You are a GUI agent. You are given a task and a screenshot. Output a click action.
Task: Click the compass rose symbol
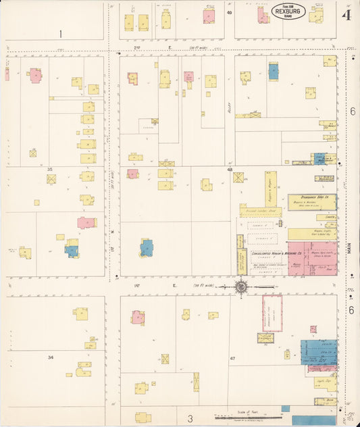[x=241, y=286]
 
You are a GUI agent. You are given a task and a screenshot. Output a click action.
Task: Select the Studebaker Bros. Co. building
[x=311, y=202]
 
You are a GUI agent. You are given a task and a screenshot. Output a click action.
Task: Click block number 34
[x=50, y=357]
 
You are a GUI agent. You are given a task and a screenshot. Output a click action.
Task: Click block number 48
[x=230, y=170]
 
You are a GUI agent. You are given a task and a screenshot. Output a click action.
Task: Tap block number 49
[x=229, y=12]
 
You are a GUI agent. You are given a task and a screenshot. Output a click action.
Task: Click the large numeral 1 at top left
[x=60, y=34]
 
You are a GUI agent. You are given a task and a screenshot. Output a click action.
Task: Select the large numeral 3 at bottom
[x=190, y=418]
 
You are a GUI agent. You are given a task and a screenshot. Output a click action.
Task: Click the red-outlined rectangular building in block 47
[x=272, y=313]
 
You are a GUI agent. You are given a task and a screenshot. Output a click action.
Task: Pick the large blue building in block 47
[x=319, y=351]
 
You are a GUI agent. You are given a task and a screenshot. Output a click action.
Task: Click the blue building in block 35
[x=72, y=250]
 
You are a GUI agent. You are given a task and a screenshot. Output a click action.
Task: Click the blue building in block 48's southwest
[x=147, y=247]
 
